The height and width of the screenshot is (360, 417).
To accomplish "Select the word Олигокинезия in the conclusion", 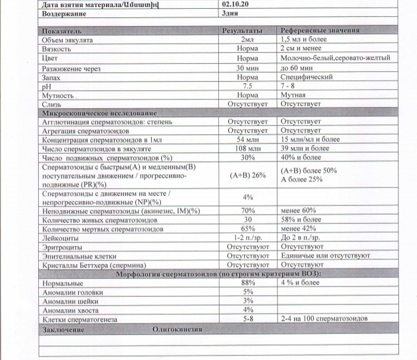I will pyautogui.click(x=176, y=329).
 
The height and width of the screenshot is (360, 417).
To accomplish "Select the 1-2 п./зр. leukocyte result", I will pyautogui.click(x=247, y=237).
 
